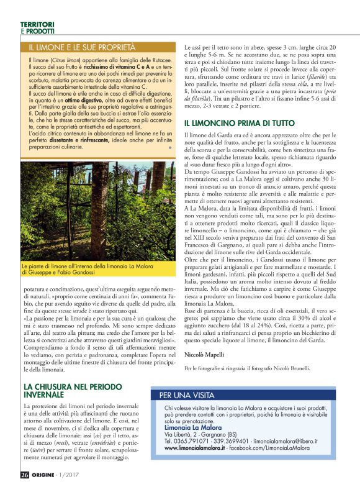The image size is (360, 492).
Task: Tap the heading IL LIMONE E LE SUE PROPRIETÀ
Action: click(x=81, y=47)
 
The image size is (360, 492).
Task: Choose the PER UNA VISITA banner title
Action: click(x=185, y=394)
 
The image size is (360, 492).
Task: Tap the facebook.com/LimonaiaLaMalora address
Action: click(x=270, y=447)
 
